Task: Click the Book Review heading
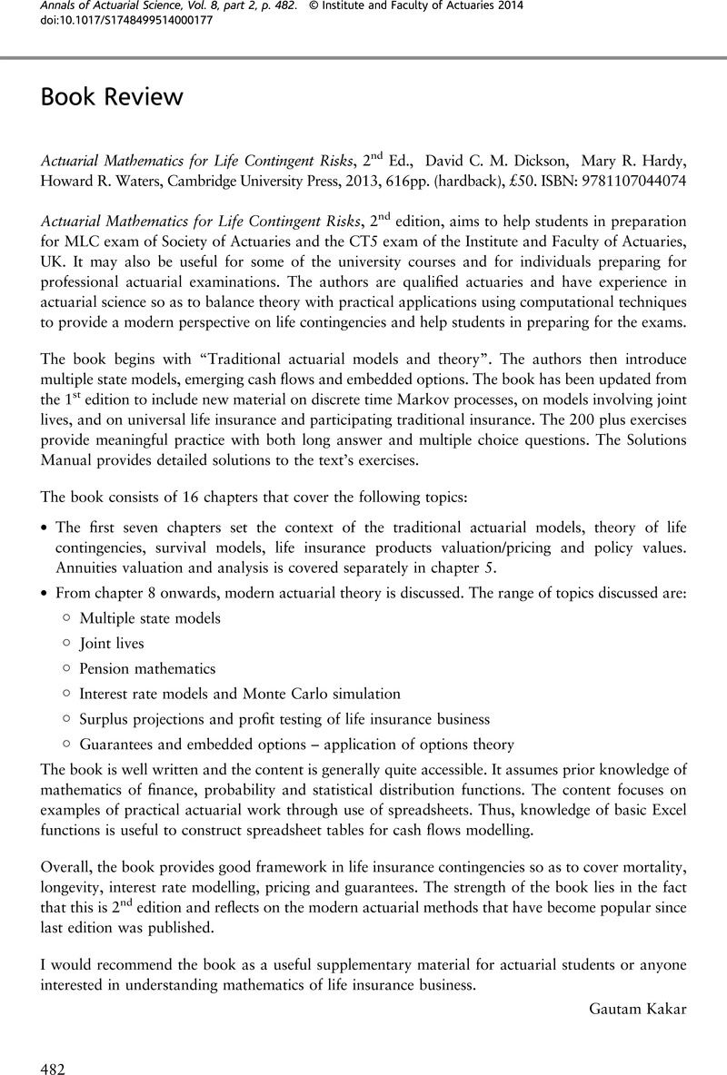(111, 97)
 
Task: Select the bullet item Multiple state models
(150, 618)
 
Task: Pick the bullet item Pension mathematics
(147, 668)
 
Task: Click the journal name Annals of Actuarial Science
(123, 7)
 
